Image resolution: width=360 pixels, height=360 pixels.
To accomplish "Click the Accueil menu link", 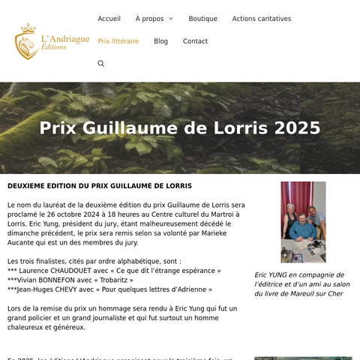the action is (109, 19).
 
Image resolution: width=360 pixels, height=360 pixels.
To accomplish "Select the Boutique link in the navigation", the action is (202, 19).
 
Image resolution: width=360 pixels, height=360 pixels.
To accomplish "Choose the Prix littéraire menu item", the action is (118, 41).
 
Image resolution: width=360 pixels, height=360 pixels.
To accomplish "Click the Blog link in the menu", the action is (160, 41).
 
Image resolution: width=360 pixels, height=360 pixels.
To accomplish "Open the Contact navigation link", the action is (195, 41).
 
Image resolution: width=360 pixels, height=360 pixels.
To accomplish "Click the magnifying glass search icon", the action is (101, 64).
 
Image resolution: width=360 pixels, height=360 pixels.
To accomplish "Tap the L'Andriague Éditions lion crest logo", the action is (27, 41).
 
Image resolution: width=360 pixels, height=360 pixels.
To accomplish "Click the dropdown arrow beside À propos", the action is (170, 19).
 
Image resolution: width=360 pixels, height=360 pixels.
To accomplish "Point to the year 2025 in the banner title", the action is (298, 128).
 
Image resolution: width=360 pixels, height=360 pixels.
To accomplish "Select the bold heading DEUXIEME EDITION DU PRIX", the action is (100, 186).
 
